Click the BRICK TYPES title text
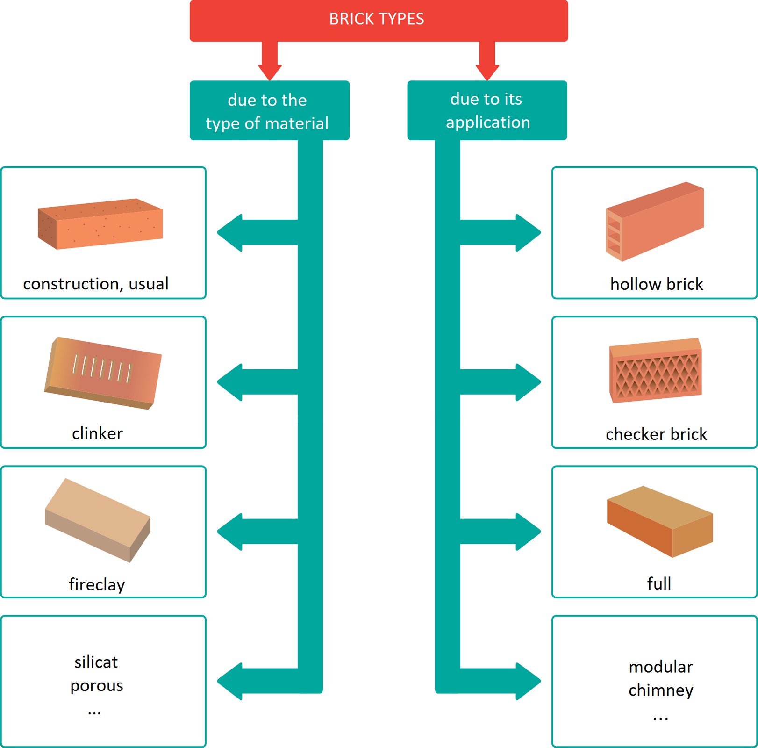click(376, 19)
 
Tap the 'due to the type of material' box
click(269, 111)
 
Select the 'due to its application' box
click(487, 110)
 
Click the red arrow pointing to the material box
click(270, 61)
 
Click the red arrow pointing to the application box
click(487, 61)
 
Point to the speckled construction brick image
click(100, 224)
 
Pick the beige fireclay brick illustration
click(98, 519)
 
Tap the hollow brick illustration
click(654, 222)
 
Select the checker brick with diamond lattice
click(655, 371)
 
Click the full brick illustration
click(659, 521)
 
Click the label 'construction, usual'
click(96, 284)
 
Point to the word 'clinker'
click(97, 433)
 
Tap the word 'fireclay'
click(97, 584)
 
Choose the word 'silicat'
click(96, 662)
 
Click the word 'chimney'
click(660, 690)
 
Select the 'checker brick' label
click(656, 434)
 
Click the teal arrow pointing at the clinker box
click(257, 382)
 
